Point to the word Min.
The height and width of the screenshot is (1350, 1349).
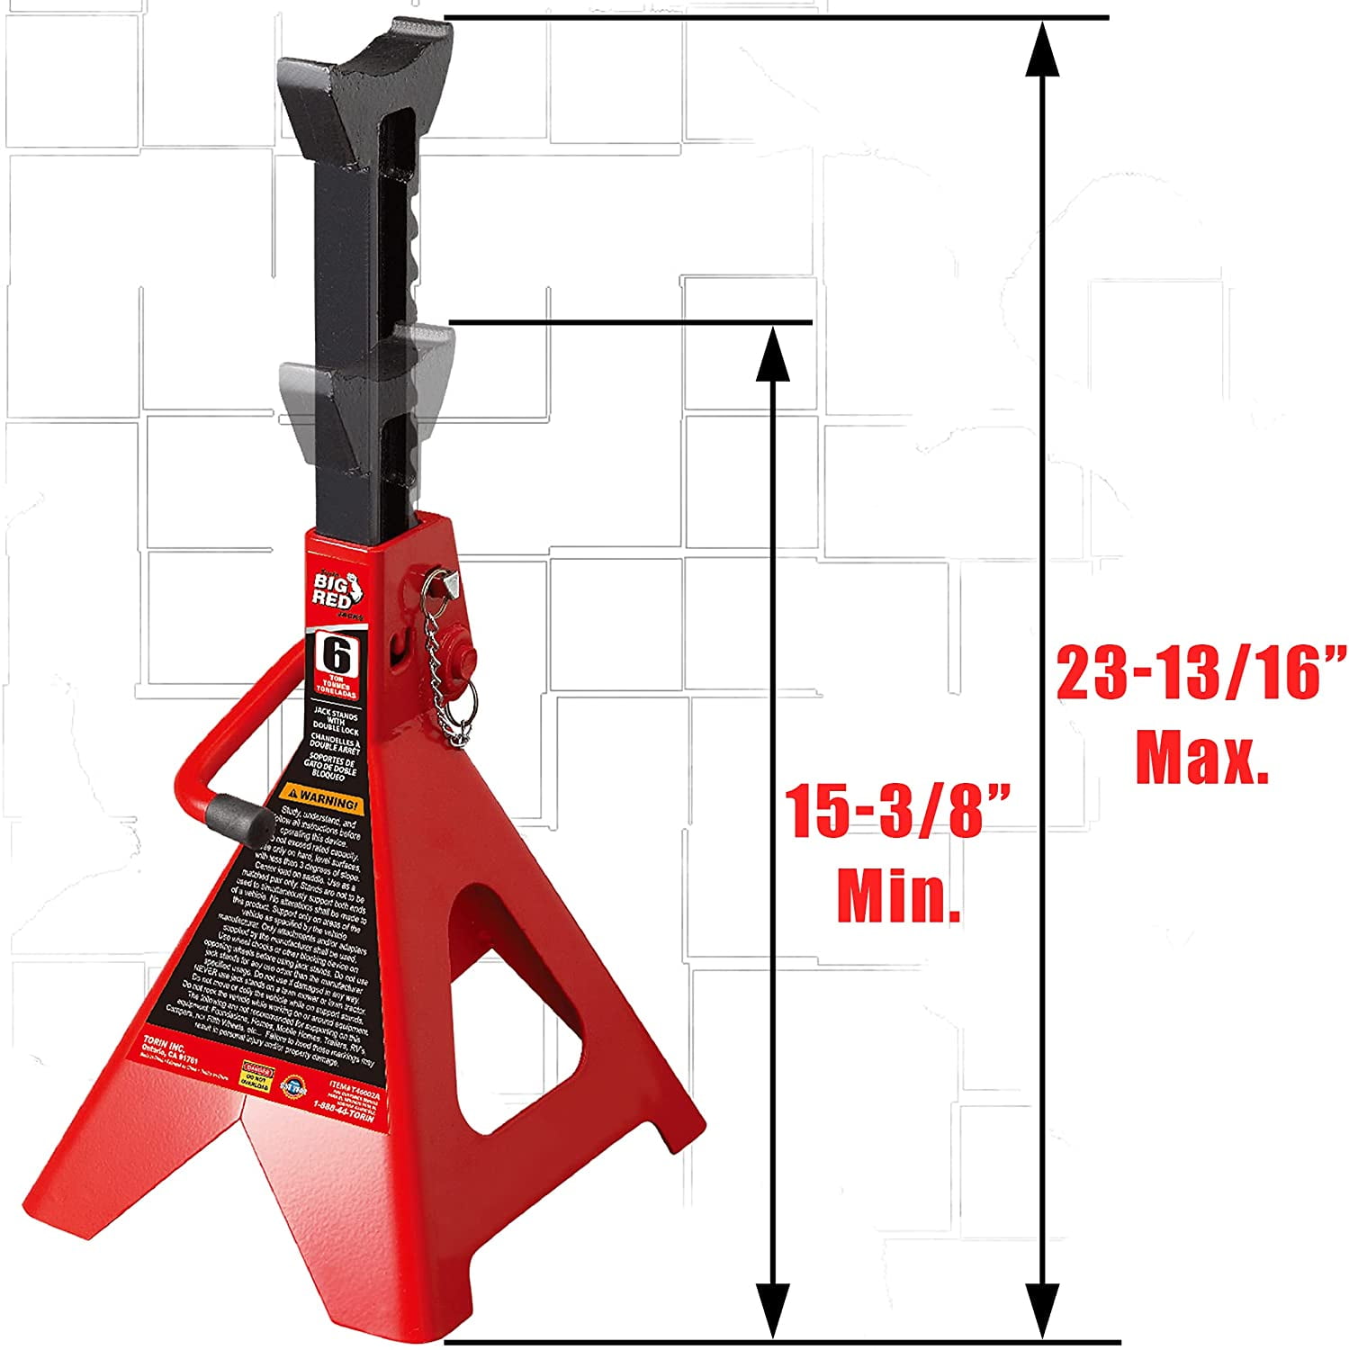point(899,895)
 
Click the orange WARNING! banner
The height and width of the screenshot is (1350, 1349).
point(320,799)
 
